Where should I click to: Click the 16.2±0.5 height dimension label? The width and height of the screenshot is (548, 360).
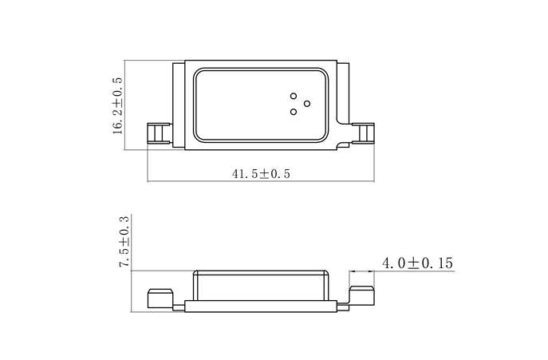point(118,105)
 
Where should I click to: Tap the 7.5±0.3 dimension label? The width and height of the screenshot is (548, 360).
point(124,242)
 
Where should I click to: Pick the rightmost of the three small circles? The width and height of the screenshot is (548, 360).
point(307,102)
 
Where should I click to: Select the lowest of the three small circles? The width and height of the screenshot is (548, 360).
point(294,112)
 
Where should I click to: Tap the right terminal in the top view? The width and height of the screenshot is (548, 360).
point(363,133)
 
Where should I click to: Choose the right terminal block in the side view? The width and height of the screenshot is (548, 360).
point(363,294)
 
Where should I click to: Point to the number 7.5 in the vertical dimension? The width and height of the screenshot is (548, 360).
point(124,259)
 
